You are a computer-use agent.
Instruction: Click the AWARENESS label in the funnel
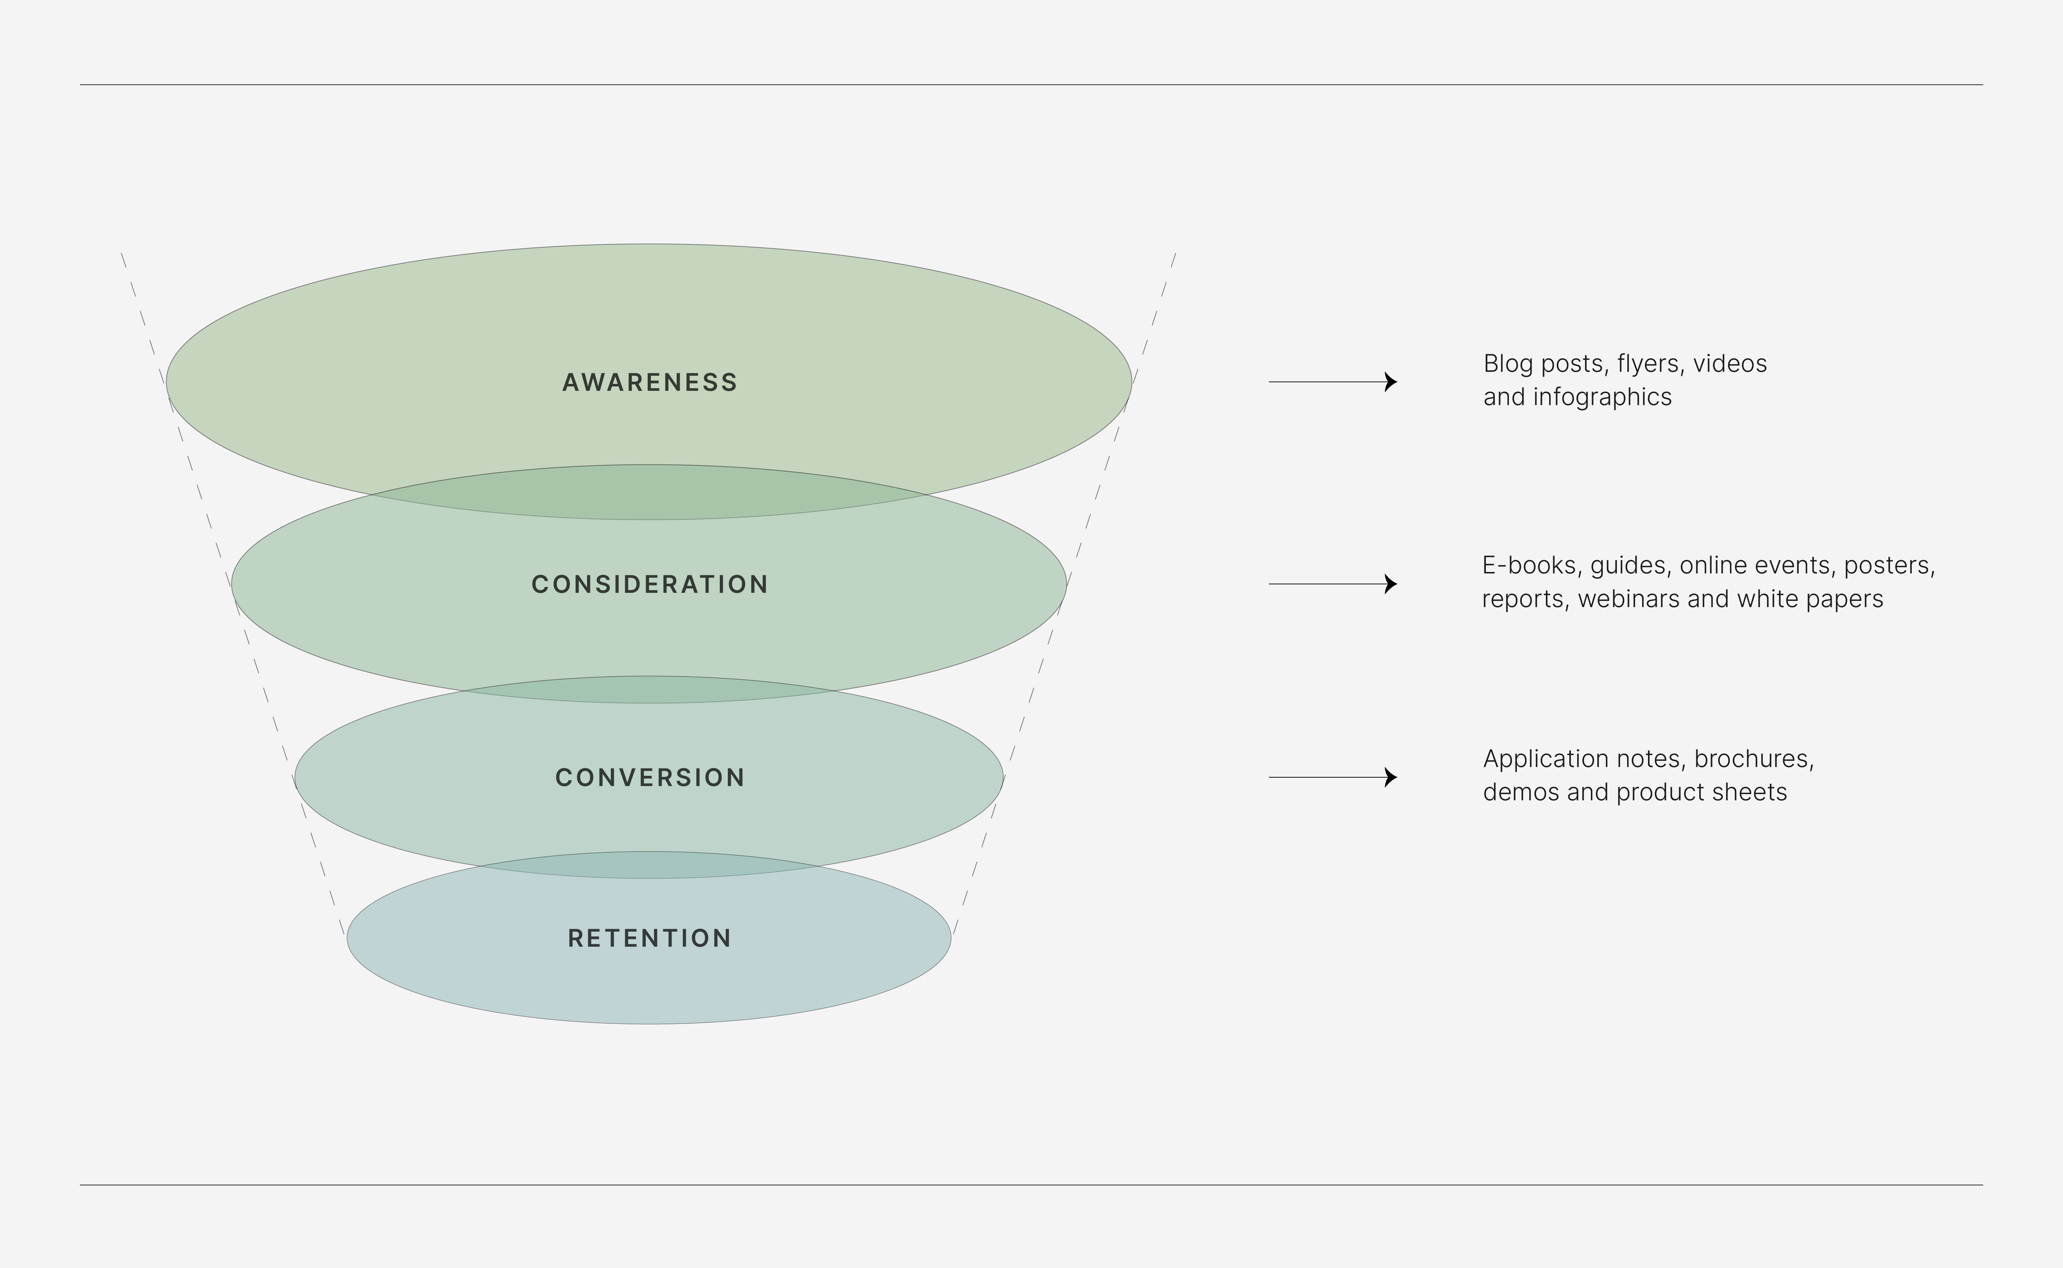point(650,382)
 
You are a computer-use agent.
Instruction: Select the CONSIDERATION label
point(650,584)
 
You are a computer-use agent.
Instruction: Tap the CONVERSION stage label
point(650,777)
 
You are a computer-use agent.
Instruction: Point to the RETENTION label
point(650,938)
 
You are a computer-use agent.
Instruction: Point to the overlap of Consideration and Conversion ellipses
point(650,690)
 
